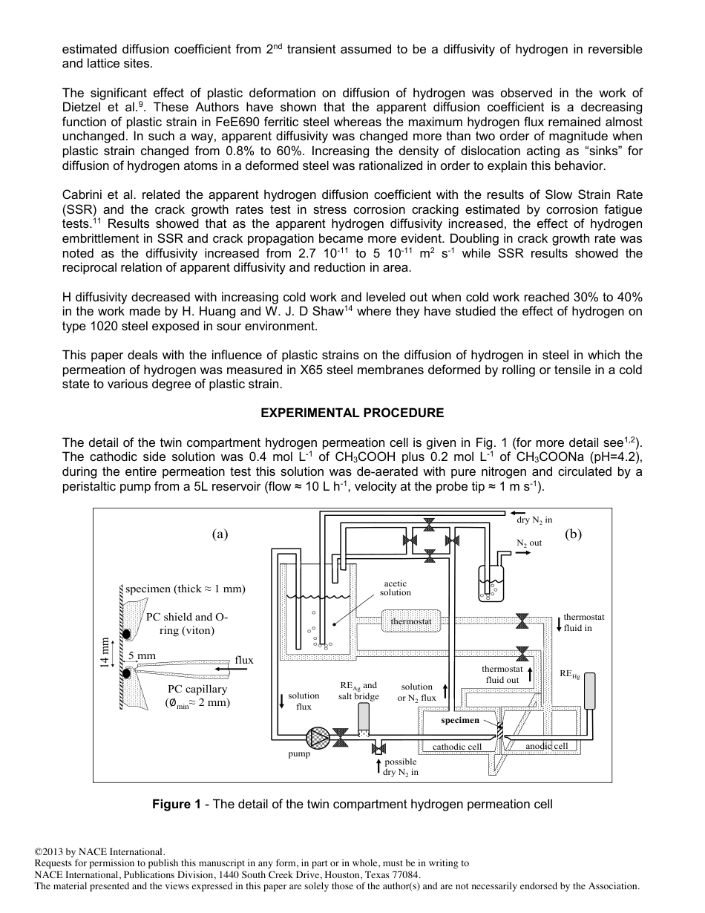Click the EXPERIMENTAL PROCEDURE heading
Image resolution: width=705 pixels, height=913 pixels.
(352, 413)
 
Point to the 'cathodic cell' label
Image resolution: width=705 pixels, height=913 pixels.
(456, 747)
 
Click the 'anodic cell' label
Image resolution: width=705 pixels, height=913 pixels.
(546, 746)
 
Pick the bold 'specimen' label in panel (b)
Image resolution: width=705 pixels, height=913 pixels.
(460, 720)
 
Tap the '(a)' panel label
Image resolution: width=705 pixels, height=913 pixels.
(220, 533)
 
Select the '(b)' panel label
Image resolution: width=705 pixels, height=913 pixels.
(573, 533)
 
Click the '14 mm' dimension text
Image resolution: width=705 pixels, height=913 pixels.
(105, 652)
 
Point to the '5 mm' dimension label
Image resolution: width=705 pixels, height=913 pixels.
(141, 655)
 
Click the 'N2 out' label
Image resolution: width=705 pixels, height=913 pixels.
(529, 543)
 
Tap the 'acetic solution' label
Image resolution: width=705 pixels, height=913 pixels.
(395, 588)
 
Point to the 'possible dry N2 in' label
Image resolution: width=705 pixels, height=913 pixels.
(400, 767)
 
